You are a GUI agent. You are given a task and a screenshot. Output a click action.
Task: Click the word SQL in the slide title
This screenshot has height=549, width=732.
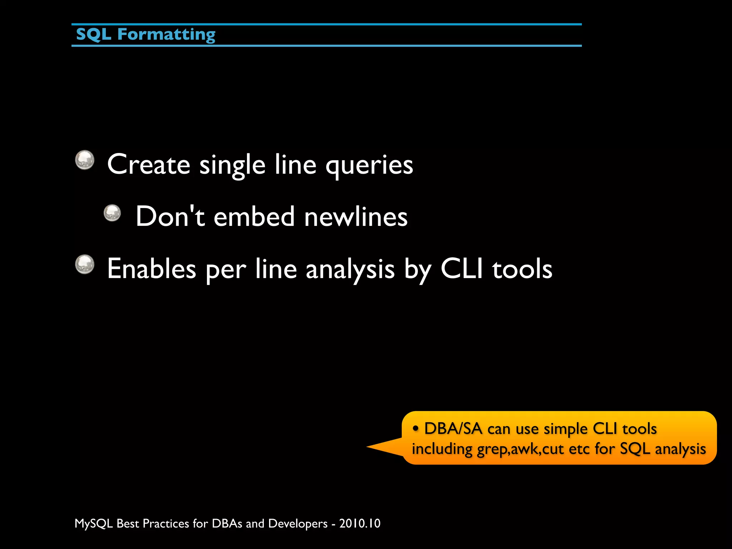pos(94,35)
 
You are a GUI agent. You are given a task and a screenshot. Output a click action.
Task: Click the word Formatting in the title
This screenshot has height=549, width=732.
pos(166,35)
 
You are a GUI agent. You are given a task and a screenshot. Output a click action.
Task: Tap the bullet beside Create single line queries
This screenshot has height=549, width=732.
pos(85,160)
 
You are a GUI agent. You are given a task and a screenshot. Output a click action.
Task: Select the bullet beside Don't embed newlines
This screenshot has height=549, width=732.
pos(112,213)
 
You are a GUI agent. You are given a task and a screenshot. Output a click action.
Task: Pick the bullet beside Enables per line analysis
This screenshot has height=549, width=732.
pos(85,264)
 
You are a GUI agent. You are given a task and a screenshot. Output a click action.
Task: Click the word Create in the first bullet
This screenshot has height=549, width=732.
pos(148,164)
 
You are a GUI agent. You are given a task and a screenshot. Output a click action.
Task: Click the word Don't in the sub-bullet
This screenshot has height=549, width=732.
pos(170,216)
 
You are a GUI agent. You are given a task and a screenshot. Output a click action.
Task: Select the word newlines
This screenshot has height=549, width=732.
pos(356,217)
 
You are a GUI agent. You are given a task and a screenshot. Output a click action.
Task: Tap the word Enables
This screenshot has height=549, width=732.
pos(152,269)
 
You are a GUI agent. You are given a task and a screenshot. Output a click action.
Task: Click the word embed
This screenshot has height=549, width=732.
pos(254,217)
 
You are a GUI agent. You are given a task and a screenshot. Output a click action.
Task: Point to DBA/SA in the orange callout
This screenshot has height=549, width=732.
pos(453,429)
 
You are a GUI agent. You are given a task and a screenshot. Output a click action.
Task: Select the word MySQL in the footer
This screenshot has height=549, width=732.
pos(93,524)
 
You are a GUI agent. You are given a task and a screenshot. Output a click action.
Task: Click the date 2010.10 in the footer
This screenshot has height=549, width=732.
pos(360,524)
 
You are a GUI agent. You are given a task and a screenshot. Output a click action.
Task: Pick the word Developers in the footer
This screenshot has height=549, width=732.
pos(298,524)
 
